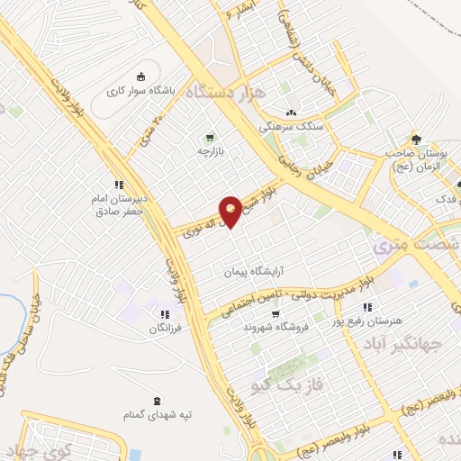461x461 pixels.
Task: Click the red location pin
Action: [x=231, y=211]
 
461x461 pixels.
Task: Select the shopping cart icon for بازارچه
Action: [x=210, y=138]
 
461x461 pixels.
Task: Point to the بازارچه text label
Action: [x=210, y=151]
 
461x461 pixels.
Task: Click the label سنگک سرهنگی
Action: [x=289, y=127]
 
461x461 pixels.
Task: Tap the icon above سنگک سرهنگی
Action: [x=290, y=113]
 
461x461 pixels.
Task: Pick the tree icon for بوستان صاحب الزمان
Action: [x=416, y=139]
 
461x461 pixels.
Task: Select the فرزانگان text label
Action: [x=166, y=329]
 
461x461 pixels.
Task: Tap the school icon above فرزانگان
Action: [x=166, y=314]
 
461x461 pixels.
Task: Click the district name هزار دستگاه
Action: [x=221, y=92]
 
